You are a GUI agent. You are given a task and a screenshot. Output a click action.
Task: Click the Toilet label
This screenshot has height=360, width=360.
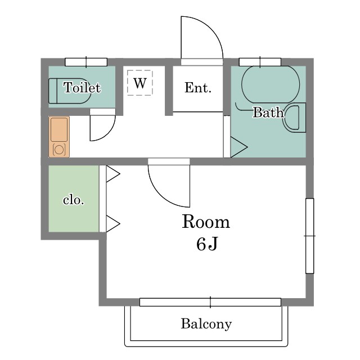coord(82,88)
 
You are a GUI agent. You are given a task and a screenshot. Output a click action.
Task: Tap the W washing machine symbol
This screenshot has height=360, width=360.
coord(140,83)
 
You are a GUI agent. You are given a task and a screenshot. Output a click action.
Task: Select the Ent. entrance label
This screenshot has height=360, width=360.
coord(198,88)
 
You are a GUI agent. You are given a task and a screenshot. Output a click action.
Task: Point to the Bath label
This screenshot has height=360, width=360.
coord(268,112)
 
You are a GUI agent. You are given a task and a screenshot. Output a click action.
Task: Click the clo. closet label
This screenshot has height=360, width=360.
coord(74,200)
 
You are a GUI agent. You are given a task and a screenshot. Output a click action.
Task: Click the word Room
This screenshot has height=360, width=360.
coord(206,222)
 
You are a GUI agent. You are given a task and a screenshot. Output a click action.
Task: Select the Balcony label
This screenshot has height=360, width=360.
coord(206,324)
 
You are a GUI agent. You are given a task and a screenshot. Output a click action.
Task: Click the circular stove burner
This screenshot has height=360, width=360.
coord(59,150)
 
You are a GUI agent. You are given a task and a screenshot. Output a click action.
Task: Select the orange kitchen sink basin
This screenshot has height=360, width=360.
coord(59,130)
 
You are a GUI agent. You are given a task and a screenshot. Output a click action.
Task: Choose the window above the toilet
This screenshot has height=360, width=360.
coord(86,62)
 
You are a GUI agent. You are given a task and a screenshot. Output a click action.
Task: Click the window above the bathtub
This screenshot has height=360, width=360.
coord(260,62)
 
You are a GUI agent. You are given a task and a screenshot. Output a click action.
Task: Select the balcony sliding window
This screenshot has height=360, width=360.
coord(210,302)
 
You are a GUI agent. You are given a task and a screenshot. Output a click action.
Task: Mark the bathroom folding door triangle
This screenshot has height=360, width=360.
coord(238,147)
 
